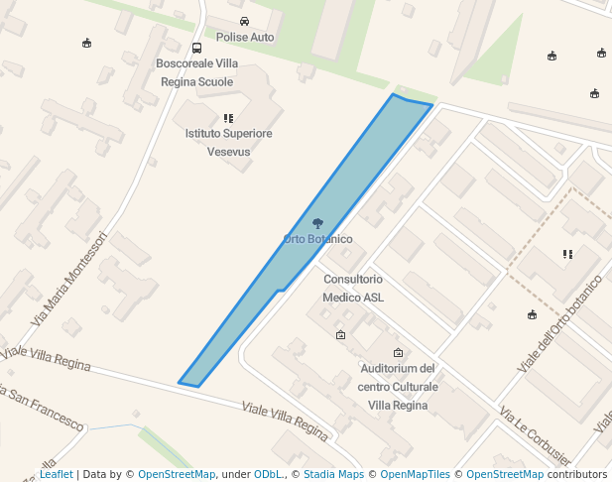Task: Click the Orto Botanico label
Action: coord(317,239)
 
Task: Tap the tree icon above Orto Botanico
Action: coord(317,223)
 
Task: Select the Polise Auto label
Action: coord(245,37)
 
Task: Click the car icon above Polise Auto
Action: coord(245,21)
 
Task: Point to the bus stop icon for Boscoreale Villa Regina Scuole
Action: coord(196,48)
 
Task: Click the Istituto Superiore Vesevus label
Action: coord(229,143)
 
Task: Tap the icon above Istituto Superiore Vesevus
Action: coord(229,118)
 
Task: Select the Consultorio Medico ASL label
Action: coord(353,288)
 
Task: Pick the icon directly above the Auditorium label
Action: coord(399,353)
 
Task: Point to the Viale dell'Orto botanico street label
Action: coord(560,323)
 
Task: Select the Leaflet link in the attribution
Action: coord(56,474)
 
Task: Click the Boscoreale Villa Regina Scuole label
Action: coord(196,72)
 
